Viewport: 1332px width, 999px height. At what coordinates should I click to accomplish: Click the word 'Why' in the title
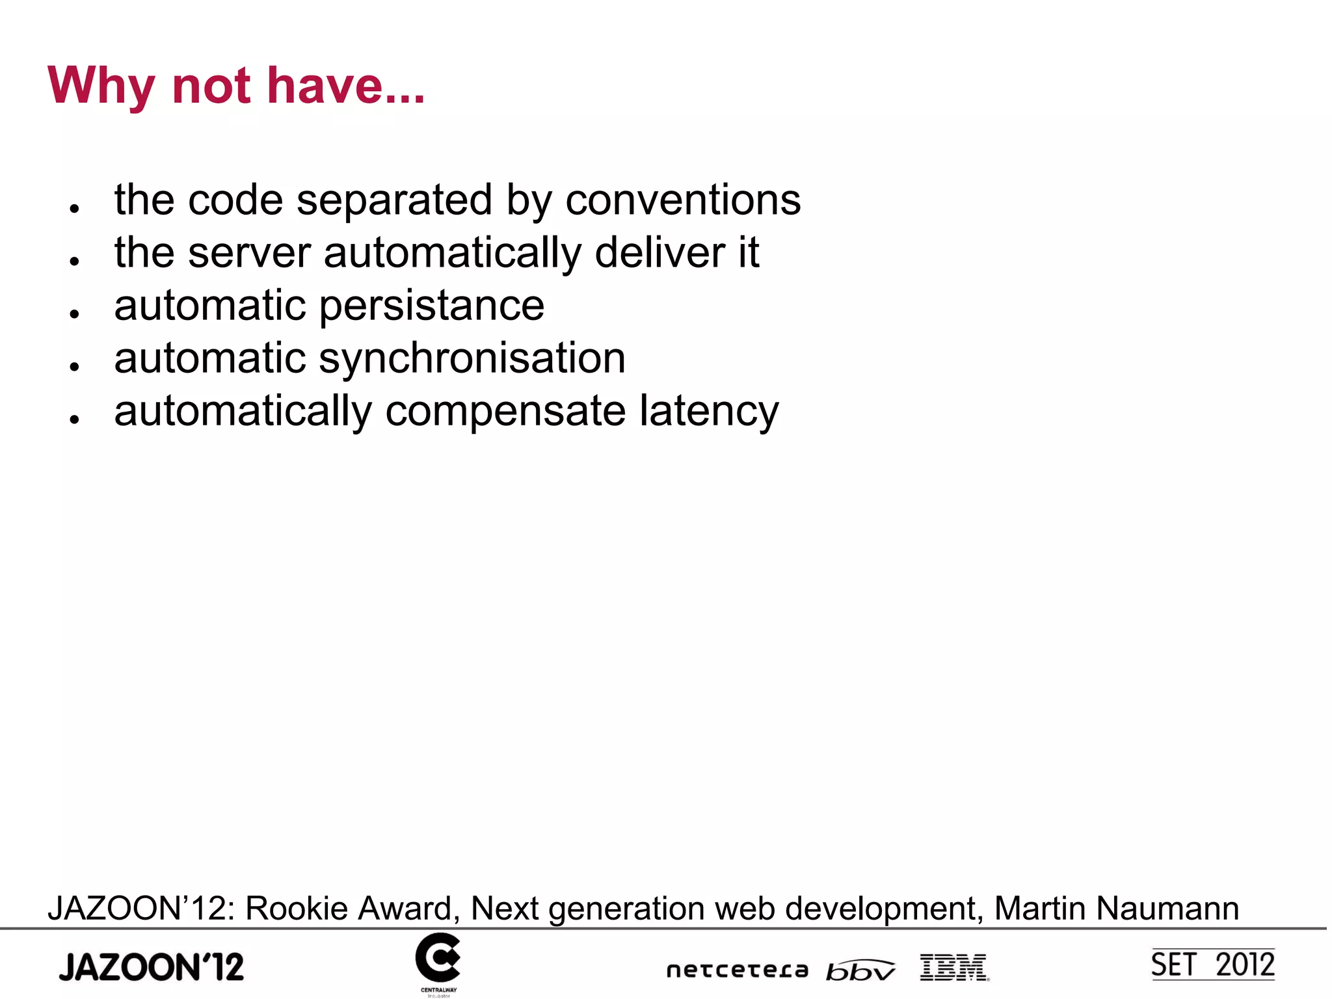[x=101, y=87]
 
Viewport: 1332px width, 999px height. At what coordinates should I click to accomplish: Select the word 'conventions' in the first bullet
[x=683, y=200]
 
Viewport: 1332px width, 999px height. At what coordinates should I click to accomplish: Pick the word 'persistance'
[x=432, y=306]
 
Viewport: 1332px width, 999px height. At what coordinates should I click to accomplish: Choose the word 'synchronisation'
[x=472, y=359]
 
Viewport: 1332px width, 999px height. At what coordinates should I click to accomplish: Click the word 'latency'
[x=708, y=412]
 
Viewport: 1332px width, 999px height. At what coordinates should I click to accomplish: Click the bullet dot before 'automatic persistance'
[x=75, y=313]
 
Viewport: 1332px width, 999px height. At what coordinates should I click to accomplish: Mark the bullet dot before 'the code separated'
[x=75, y=208]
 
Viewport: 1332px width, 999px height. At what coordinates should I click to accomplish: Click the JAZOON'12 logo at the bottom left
[x=152, y=966]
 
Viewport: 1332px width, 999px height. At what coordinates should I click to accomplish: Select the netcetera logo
[x=738, y=970]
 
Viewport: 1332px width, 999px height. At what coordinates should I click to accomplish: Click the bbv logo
[x=860, y=970]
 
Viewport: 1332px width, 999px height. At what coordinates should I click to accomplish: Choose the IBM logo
[x=954, y=967]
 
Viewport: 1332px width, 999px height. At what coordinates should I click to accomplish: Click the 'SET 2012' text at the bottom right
[x=1212, y=965]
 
